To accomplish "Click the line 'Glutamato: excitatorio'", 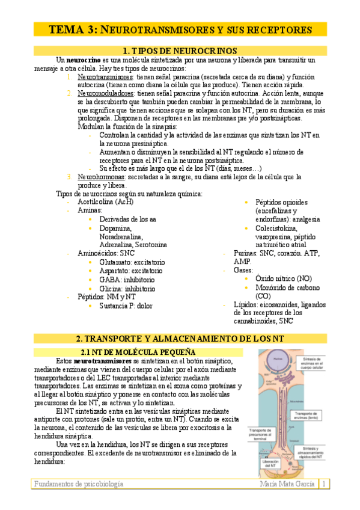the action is [x=132, y=262].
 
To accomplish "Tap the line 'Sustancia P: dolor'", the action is [x=125, y=306].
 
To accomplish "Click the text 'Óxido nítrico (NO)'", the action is [x=283, y=279].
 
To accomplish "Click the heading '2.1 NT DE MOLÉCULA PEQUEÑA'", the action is [x=137, y=351].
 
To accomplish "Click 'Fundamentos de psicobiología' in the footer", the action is [x=79, y=484].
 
